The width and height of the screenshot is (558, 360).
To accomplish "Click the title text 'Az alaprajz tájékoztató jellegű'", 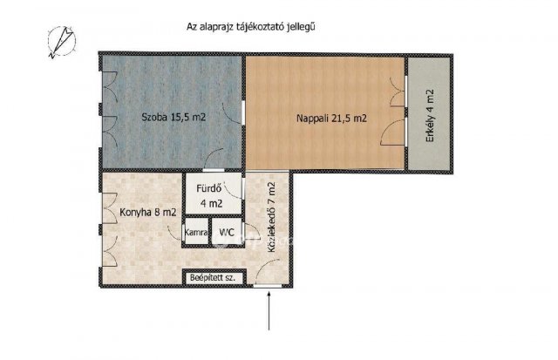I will coord(250,27).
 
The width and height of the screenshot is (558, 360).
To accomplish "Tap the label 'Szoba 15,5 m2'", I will coord(174,117).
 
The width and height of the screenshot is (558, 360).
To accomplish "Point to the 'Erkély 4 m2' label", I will coord(429,113).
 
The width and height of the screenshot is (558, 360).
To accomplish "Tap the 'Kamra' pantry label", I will coord(195,233).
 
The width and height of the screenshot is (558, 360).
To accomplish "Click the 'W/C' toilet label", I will coord(226,233).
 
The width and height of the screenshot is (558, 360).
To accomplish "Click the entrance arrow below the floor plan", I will coord(270,309).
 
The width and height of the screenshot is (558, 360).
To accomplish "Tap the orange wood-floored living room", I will coord(323,144).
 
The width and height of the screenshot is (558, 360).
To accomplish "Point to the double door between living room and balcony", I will coord(403,113).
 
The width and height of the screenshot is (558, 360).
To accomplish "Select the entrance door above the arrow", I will coord(270,284).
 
